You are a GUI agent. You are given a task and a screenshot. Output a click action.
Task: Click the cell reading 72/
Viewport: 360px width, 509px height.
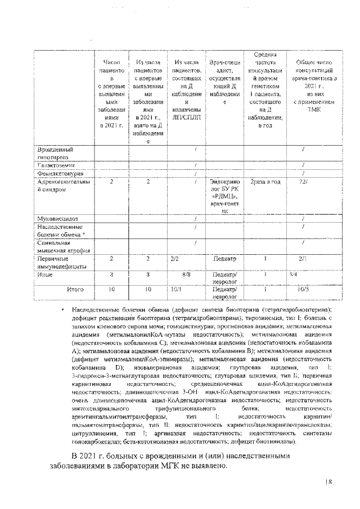[303, 183]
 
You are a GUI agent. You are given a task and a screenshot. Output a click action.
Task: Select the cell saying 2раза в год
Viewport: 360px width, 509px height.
[265, 183]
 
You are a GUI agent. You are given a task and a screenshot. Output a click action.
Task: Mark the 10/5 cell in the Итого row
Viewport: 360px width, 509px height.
[303, 290]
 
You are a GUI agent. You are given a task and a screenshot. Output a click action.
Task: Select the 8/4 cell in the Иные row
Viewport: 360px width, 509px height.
[294, 276]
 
